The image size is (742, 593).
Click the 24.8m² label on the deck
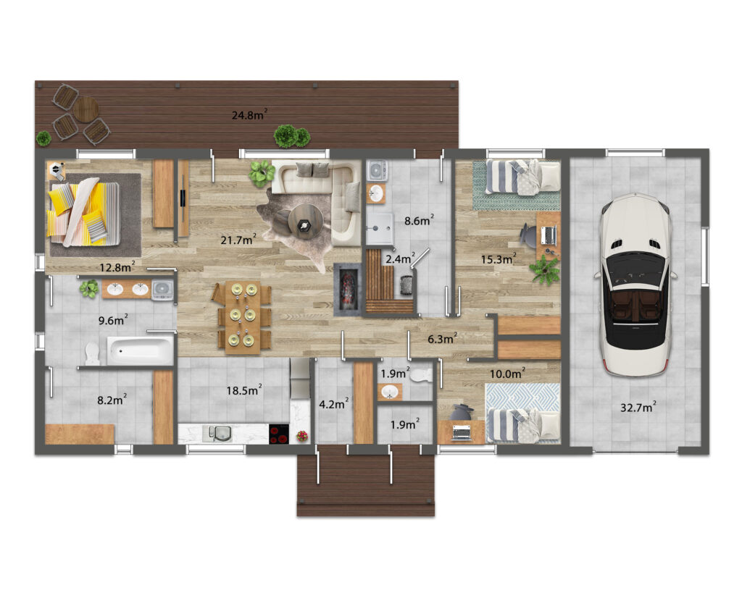click(249, 114)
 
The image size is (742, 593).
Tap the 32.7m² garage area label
click(638, 407)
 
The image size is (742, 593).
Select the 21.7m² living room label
click(238, 239)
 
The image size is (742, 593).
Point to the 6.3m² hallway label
click(443, 339)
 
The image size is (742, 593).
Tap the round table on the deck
click(86, 110)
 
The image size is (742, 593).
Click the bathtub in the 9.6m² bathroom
click(140, 350)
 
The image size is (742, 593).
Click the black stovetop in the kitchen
click(279, 434)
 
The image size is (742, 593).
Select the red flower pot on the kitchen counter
click(301, 436)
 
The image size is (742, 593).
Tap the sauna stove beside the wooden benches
click(407, 285)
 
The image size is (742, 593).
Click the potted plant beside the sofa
click(261, 173)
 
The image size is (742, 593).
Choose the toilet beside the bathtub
click(93, 353)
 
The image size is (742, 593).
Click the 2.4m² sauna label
click(400, 258)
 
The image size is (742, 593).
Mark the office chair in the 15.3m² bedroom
click(529, 235)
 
